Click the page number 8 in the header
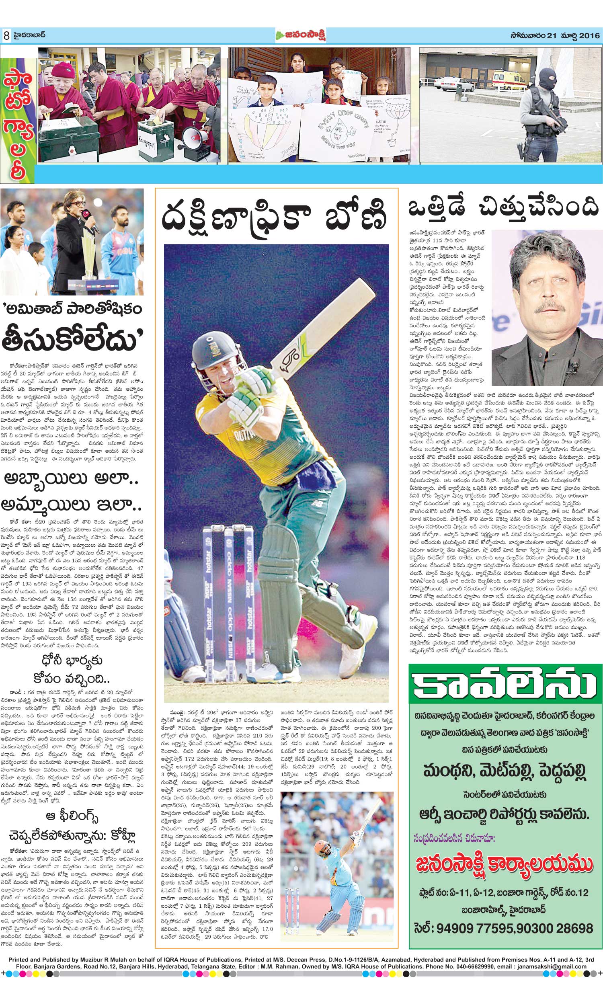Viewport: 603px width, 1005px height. coord(6,36)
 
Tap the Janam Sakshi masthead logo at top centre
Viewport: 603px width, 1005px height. coord(301,35)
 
